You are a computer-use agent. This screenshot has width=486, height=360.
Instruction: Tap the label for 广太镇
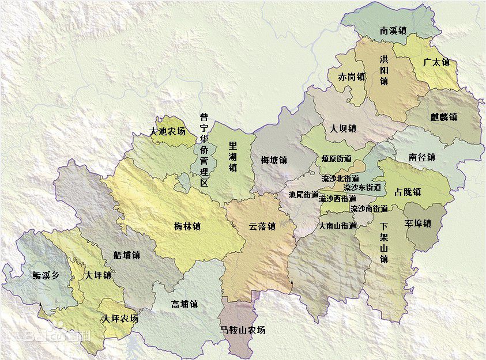pyautogui.click(x=436, y=62)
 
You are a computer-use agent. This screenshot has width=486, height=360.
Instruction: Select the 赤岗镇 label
pyautogui.click(x=352, y=77)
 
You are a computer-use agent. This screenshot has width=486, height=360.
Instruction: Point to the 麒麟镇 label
pyautogui.click(x=443, y=117)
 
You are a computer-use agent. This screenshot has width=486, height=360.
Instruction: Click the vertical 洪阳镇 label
pyautogui.click(x=384, y=70)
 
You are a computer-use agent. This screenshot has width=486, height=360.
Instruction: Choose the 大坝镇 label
pyautogui.click(x=342, y=128)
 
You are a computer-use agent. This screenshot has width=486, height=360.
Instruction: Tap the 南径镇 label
pyautogui.click(x=421, y=157)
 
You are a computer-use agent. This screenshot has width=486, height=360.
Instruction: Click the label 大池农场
pyautogui.click(x=167, y=132)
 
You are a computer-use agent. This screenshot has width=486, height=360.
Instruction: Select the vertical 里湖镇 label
pyautogui.click(x=232, y=156)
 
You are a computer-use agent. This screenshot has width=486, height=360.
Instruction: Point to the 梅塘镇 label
pyautogui.click(x=273, y=160)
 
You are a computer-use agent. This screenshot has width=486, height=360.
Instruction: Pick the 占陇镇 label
pyautogui.click(x=407, y=191)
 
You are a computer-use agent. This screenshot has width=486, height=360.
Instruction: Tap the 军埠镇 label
pyautogui.click(x=417, y=223)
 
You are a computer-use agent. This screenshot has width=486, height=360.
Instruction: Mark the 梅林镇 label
pyautogui.click(x=187, y=226)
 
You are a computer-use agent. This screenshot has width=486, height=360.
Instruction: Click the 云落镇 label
pyautogui.click(x=262, y=226)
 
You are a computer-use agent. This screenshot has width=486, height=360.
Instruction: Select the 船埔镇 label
pyautogui.click(x=127, y=255)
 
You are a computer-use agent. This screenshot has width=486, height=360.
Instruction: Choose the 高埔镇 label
pyautogui.click(x=184, y=304)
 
